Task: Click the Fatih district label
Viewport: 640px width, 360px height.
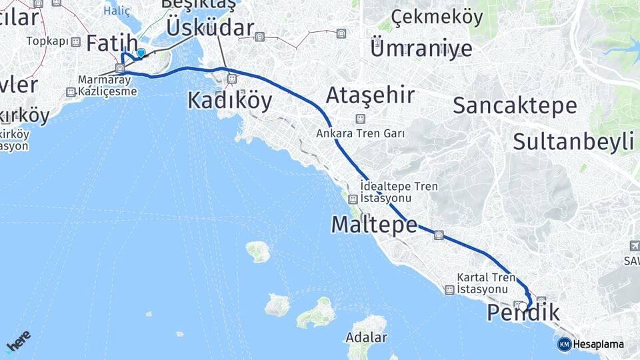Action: [x=111, y=45]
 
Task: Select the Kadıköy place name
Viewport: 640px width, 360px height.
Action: [x=229, y=100]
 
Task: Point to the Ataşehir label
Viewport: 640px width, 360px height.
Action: [x=370, y=95]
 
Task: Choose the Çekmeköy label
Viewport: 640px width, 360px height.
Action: [x=437, y=17]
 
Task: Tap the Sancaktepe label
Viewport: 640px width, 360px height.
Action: [x=515, y=105]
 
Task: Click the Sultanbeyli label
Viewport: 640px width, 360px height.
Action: [x=573, y=141]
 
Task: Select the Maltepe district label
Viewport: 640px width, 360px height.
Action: [x=374, y=225]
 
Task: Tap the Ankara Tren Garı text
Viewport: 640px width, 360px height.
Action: [x=361, y=133]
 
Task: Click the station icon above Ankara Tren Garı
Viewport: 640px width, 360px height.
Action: [x=360, y=119]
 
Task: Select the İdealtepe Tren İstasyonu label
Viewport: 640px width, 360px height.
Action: [x=399, y=192]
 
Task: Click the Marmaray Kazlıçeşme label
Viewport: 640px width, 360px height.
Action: [x=107, y=85]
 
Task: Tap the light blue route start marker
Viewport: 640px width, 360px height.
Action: [x=141, y=53]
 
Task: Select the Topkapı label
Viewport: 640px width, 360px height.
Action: [x=47, y=41]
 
